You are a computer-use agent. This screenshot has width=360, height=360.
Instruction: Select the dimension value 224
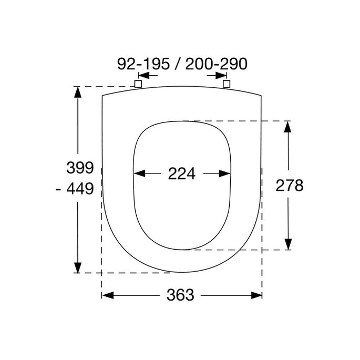[182, 173]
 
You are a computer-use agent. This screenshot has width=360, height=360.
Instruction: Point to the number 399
[79, 168]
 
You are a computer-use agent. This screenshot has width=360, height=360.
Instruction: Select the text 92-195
[143, 64]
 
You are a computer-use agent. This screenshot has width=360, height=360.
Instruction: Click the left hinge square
[138, 84]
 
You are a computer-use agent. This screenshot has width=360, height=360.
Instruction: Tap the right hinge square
[227, 84]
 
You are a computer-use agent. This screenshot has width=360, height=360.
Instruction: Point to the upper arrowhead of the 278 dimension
[287, 127]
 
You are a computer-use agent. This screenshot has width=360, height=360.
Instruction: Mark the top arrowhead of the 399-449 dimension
[78, 92]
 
